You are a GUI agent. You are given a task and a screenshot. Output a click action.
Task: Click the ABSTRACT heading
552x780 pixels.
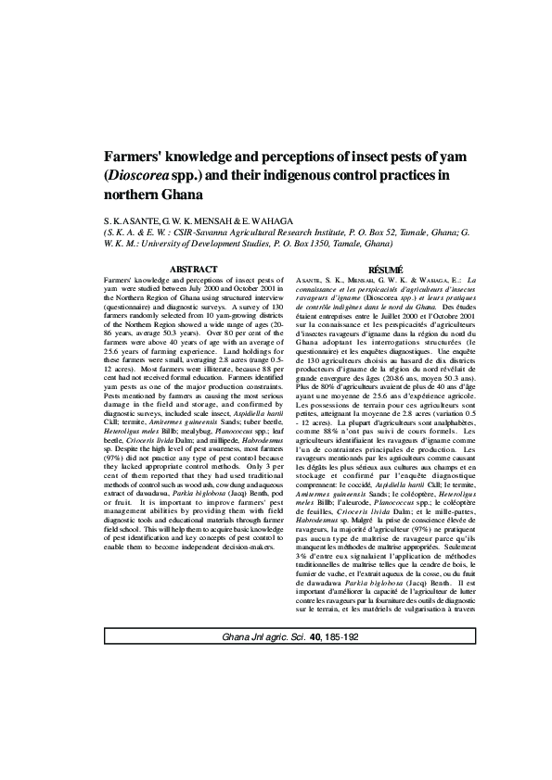tap(193, 270)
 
